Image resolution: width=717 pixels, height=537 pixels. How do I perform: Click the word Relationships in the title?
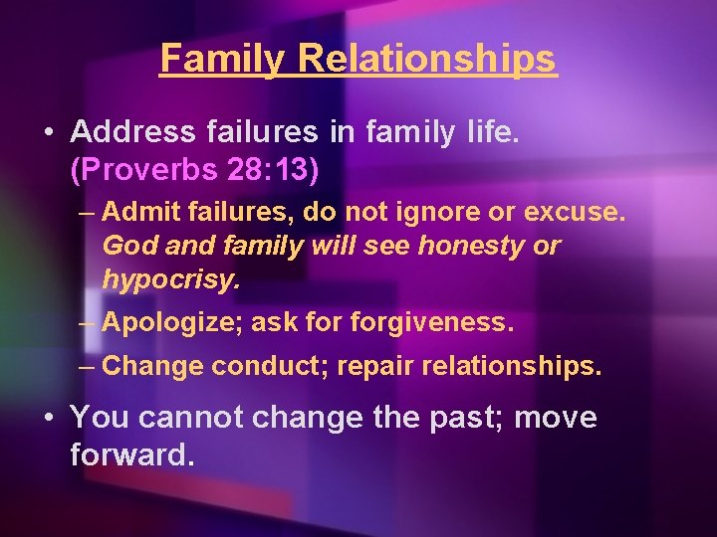(426, 59)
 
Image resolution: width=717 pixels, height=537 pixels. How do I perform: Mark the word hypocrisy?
(170, 279)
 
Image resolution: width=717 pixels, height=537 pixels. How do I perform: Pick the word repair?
(375, 366)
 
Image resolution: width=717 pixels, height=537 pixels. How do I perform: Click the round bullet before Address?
(49, 131)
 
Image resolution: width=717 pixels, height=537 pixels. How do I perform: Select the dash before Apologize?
(88, 322)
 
